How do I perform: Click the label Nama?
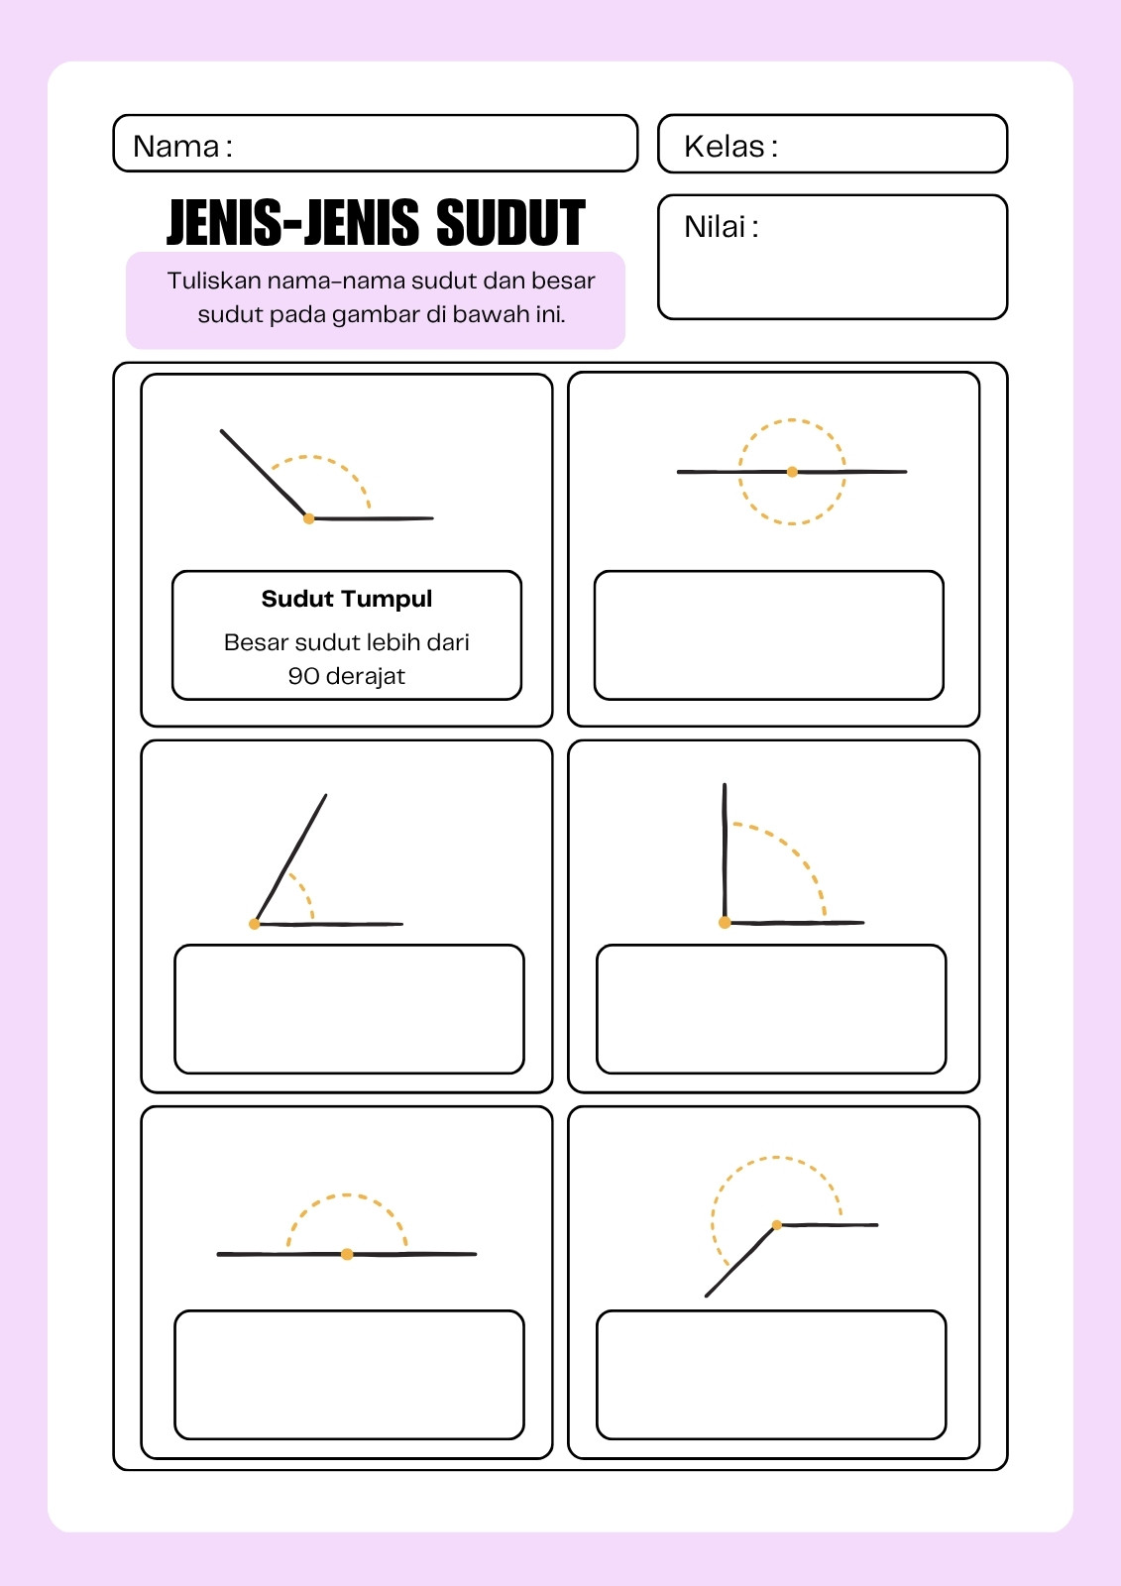(x=175, y=147)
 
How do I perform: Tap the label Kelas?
(x=724, y=147)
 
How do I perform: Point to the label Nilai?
(x=715, y=227)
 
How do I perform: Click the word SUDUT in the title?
(x=510, y=223)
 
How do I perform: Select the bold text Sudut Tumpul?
(x=346, y=599)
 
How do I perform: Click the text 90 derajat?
(x=346, y=676)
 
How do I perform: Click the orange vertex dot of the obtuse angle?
(x=309, y=519)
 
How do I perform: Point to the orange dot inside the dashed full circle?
(x=792, y=472)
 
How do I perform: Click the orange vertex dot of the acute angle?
(x=254, y=924)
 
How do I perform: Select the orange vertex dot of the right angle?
(x=725, y=923)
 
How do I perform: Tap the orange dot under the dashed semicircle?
(x=347, y=1255)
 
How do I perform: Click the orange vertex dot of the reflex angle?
(x=777, y=1225)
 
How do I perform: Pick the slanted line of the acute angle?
(x=291, y=858)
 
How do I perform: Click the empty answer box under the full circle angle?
(x=769, y=635)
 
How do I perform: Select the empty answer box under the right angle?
(x=771, y=1009)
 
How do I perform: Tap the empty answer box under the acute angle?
(x=349, y=1009)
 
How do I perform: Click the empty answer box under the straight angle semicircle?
(x=349, y=1375)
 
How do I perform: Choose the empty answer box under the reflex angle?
(x=771, y=1375)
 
